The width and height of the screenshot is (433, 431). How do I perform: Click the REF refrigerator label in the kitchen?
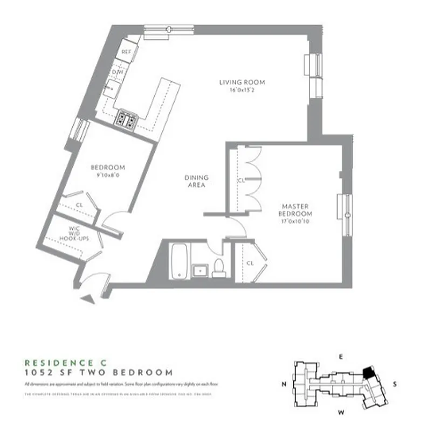click(x=126, y=52)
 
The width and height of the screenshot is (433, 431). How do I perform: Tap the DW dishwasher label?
click(x=118, y=71)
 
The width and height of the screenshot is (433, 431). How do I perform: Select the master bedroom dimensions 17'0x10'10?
click(x=294, y=220)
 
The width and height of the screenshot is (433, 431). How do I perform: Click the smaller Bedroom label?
click(x=108, y=167)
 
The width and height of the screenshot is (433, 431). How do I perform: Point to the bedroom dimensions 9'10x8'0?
click(x=108, y=175)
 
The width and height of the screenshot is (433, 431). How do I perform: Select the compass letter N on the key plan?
click(x=283, y=384)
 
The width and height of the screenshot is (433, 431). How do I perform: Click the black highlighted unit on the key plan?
click(x=368, y=372)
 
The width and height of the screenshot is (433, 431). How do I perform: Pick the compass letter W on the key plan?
click(x=340, y=413)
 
